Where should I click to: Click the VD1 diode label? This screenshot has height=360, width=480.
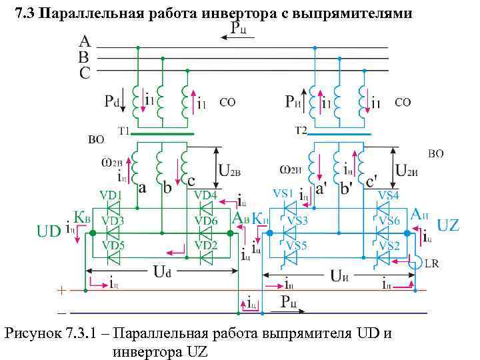(110, 195)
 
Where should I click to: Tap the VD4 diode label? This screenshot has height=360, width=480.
(204, 195)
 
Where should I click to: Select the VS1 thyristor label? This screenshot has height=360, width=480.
(283, 193)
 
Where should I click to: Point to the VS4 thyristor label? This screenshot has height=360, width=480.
(388, 195)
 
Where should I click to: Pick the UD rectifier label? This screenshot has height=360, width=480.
(49, 231)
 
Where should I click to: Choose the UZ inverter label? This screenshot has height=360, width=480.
(448, 225)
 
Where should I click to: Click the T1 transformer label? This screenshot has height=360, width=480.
(124, 131)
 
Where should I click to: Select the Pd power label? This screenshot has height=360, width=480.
(111, 102)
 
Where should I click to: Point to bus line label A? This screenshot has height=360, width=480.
(85, 42)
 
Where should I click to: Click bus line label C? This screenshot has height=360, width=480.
(85, 73)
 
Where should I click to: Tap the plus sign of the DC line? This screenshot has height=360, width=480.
(62, 291)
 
